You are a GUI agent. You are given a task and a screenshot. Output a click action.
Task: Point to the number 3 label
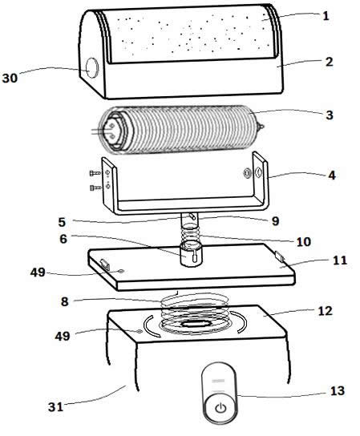coord(330,115)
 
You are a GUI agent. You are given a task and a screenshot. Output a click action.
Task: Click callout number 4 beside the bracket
coord(330,174)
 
